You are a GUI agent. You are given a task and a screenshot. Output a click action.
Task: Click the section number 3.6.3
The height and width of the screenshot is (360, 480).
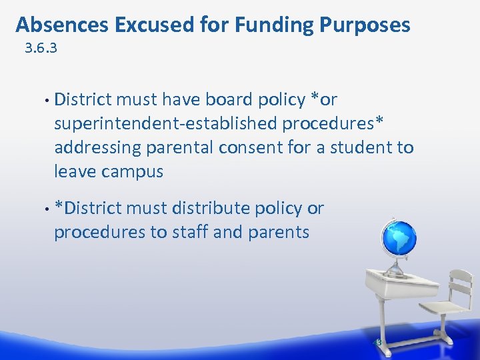point(41,49)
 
